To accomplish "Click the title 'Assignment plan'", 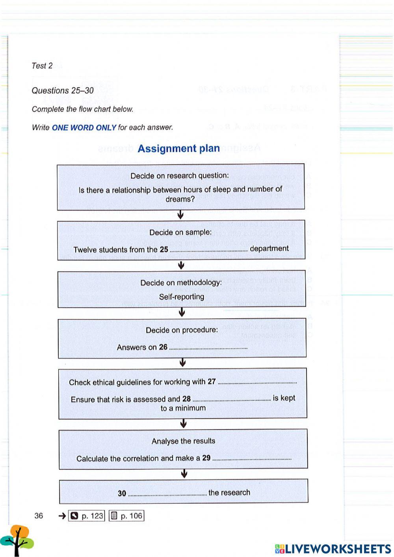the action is click(178, 149).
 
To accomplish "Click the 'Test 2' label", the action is click(42, 66).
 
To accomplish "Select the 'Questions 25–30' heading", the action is click(63, 91).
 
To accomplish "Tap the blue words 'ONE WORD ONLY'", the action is click(84, 127).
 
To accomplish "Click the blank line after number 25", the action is click(208, 250).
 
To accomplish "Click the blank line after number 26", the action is click(208, 348).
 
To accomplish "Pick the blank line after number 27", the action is click(257, 382).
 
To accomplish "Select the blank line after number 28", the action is click(232, 399).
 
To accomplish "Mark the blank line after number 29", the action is click(252, 459).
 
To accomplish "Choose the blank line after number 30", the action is click(167, 493).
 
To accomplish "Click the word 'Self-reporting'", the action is click(182, 297).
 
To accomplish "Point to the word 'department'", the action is click(269, 249).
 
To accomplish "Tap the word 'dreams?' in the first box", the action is click(180, 199).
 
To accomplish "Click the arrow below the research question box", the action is click(180, 215).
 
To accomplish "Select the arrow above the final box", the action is click(184, 474).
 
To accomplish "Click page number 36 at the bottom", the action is click(39, 516).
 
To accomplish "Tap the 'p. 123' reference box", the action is click(87, 516).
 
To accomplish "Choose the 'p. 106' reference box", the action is click(126, 516).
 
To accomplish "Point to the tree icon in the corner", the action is click(17, 540).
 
